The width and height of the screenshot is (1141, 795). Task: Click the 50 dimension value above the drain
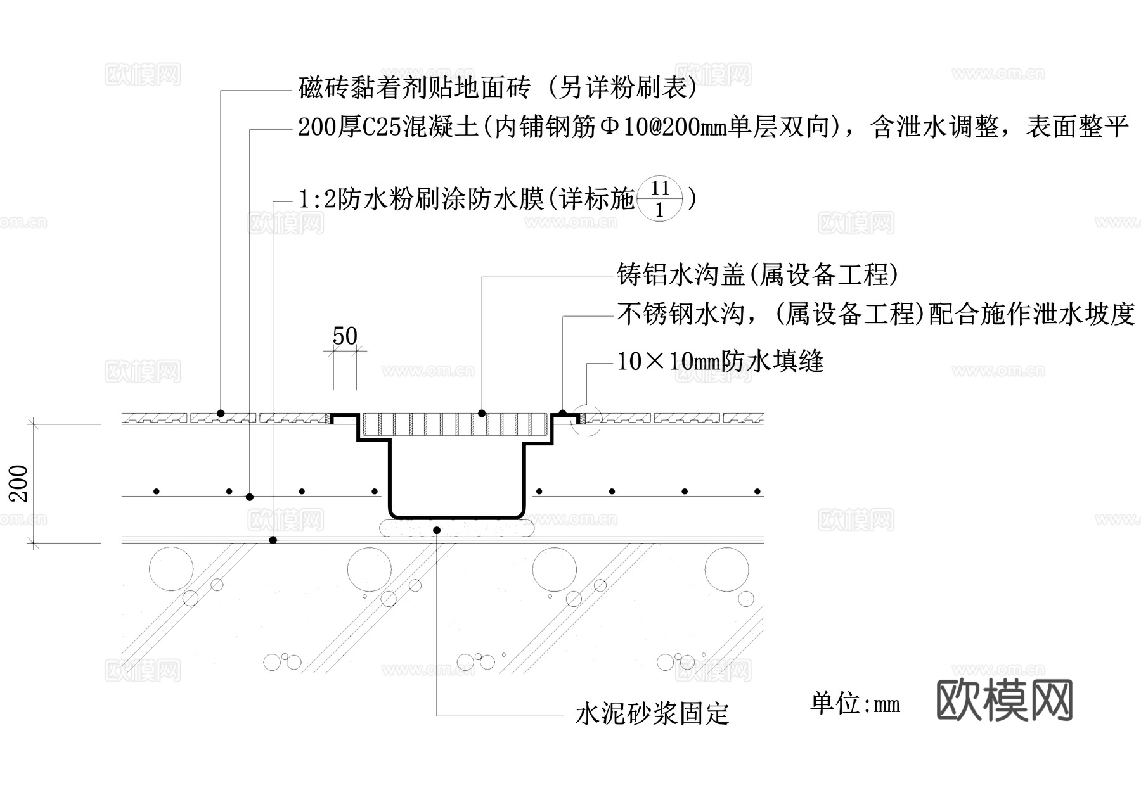tap(345, 336)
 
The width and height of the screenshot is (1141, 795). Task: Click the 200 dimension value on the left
tap(19, 483)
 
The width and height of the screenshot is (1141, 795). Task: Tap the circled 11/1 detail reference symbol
tap(660, 199)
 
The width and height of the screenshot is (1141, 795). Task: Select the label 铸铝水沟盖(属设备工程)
tap(757, 275)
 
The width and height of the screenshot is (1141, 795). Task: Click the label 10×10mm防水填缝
tap(720, 362)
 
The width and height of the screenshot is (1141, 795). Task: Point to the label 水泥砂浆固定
tap(652, 714)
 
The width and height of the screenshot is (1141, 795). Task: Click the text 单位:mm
tap(854, 704)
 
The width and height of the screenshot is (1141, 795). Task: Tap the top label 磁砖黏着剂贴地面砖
tap(414, 88)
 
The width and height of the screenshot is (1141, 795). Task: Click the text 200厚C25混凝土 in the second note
tap(388, 127)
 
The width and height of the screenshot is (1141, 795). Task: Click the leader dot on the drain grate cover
tap(482, 414)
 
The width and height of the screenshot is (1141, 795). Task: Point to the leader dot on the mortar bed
tap(436, 530)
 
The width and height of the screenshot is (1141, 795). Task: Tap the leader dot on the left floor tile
tap(221, 413)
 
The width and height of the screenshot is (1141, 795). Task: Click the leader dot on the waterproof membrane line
tap(273, 540)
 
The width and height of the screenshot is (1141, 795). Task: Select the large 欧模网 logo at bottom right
tap(1004, 700)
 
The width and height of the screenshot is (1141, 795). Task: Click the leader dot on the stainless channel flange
tap(562, 414)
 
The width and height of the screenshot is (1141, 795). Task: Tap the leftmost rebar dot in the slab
tap(156, 492)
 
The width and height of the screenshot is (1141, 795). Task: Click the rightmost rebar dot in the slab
tap(757, 492)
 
